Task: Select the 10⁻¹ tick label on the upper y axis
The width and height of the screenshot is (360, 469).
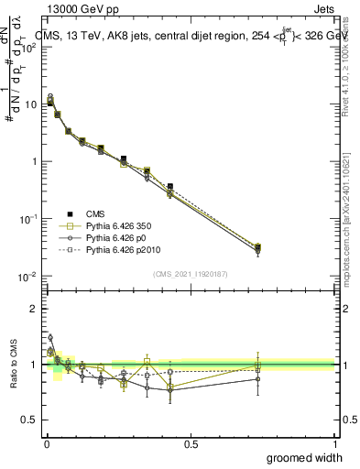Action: [27, 219]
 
